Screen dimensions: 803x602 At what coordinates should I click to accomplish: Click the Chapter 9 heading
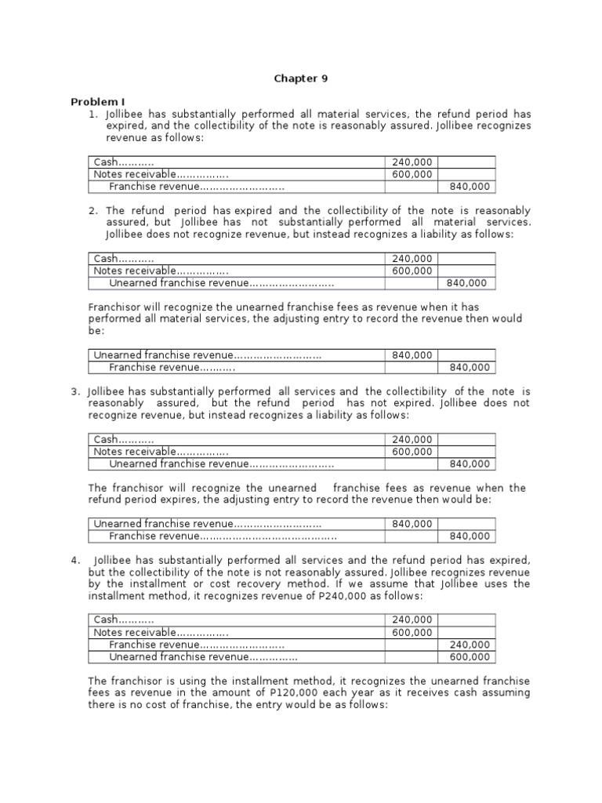(x=300, y=78)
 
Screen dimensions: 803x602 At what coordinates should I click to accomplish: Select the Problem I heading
(x=98, y=102)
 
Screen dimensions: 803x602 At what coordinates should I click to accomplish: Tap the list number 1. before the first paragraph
(x=93, y=114)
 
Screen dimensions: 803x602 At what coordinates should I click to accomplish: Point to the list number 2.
(x=93, y=211)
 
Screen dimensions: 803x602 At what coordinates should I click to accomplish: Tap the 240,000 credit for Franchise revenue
(x=469, y=645)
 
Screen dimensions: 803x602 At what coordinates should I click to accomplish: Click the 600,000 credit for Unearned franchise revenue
(x=469, y=657)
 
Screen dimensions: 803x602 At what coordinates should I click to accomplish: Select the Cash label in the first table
(x=105, y=162)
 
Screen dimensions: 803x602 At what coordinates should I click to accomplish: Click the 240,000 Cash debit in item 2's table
(x=412, y=259)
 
